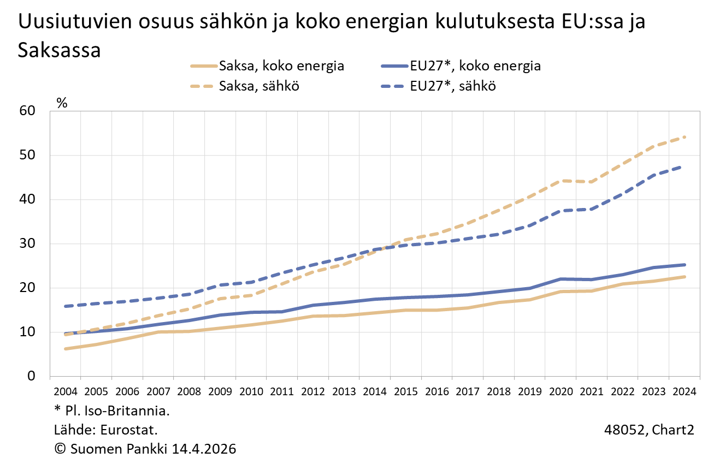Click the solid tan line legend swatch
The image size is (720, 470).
coord(204,66)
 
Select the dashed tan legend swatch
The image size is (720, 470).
coord(202,86)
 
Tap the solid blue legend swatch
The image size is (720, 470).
coord(394,66)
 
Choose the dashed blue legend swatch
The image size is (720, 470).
coord(392,86)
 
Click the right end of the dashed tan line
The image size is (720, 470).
coord(684,137)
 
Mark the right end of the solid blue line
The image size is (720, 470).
coord(684,265)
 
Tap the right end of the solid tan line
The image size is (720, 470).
coord(684,277)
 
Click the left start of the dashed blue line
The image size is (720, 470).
coord(65,306)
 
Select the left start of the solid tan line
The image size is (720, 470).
coord(65,349)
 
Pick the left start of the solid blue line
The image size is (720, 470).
coord(65,334)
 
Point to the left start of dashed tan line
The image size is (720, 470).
coord(65,335)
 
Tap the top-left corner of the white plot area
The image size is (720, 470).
coord(50,111)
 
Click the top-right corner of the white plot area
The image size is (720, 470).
coord(699,111)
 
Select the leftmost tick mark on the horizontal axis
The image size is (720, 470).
coord(50,378)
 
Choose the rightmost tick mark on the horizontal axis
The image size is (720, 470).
coord(700,378)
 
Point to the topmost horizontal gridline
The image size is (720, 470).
coord(375,155)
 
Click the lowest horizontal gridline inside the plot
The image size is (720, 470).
coord(375,332)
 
